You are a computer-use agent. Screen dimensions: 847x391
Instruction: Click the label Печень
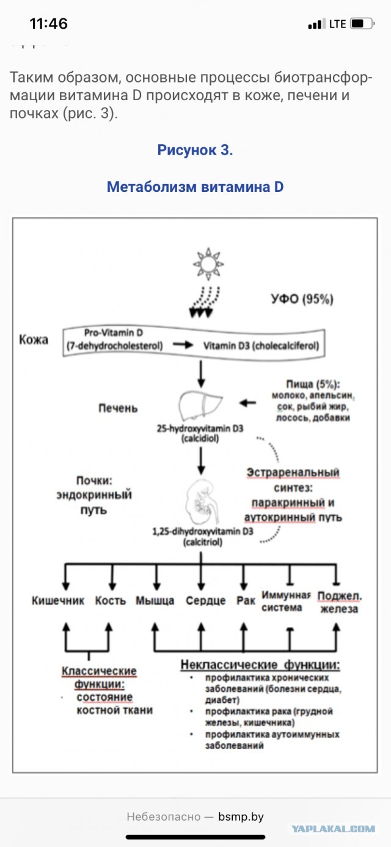[119, 408]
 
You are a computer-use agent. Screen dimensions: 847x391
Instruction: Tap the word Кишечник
[58, 600]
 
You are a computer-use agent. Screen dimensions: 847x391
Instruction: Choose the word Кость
[111, 600]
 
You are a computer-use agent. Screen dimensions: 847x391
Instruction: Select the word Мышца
[155, 600]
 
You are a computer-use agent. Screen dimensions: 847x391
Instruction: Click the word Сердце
[205, 600]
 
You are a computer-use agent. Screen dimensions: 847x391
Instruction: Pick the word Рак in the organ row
[246, 600]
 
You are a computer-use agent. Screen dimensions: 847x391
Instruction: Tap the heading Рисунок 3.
[195, 150]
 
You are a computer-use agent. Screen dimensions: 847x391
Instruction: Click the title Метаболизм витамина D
[195, 186]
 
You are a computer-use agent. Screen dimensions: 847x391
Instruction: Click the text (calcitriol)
[202, 541]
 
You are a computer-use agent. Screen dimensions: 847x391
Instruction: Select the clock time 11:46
[49, 24]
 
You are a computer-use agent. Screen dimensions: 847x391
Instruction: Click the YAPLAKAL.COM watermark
[334, 828]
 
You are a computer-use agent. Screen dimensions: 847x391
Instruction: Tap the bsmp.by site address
[241, 816]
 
